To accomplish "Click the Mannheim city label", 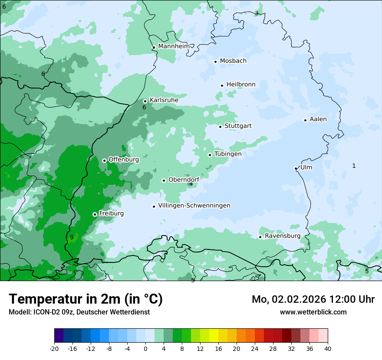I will pyautogui.click(x=174, y=46).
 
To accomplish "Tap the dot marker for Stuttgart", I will pyautogui.click(x=220, y=127).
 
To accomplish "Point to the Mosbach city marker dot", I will pyautogui.click(x=215, y=62).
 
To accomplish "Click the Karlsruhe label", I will pyautogui.click(x=164, y=100).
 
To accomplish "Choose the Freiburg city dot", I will pyautogui.click(x=95, y=214).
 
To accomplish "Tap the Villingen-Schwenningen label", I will pyautogui.click(x=194, y=206).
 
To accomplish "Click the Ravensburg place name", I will pyautogui.click(x=282, y=236).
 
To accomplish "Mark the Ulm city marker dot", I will pyautogui.click(x=296, y=168).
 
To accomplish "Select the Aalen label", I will pyautogui.click(x=318, y=119).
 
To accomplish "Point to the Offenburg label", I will pyautogui.click(x=123, y=160).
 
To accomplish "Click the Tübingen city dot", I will pyautogui.click(x=210, y=155).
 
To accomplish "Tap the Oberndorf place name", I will pyautogui.click(x=184, y=180).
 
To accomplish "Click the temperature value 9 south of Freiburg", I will pyautogui.click(x=72, y=237).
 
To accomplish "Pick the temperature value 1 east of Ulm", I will pyautogui.click(x=354, y=166).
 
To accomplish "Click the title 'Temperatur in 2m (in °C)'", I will pyautogui.click(x=86, y=299).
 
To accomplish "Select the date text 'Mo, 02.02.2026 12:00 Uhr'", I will pyautogui.click(x=313, y=299).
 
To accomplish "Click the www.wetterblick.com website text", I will pyautogui.click(x=313, y=312).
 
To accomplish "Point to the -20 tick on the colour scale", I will pyautogui.click(x=54, y=348).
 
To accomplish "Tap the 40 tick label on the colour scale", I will pyautogui.click(x=328, y=348).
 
